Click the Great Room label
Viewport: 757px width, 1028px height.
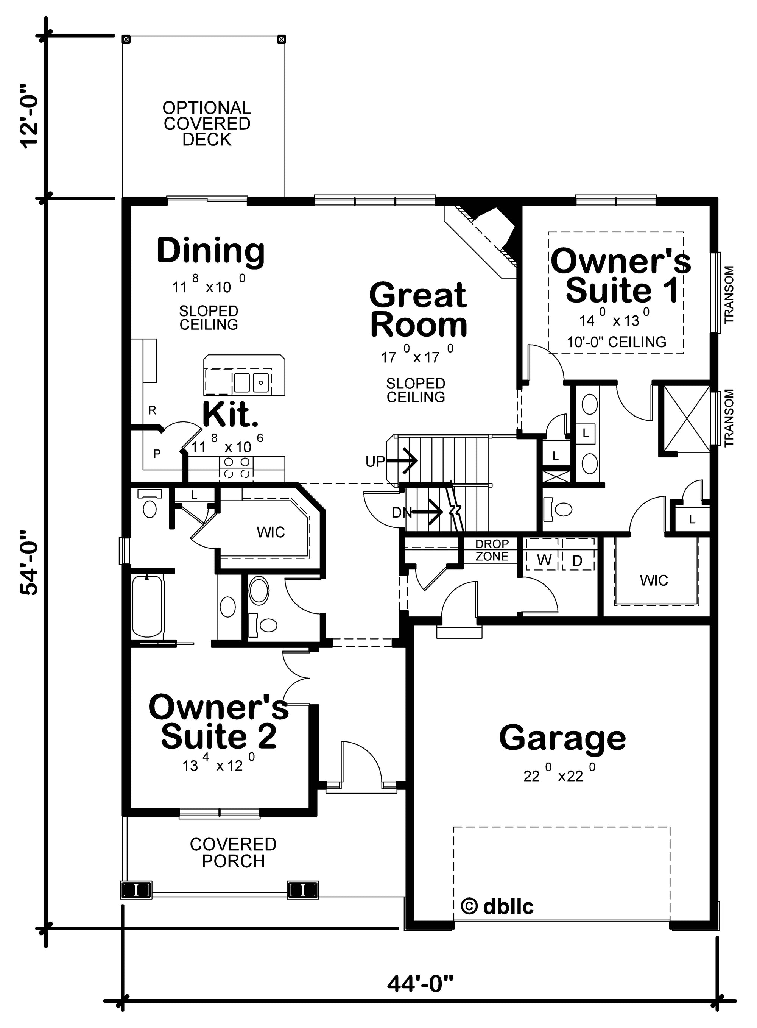(418, 310)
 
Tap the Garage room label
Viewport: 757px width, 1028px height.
(562, 738)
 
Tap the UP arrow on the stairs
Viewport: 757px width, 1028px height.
(403, 460)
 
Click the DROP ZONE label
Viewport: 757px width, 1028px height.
(492, 550)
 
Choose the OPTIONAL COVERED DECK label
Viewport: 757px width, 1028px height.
(207, 124)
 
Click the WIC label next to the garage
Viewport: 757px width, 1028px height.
(654, 580)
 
